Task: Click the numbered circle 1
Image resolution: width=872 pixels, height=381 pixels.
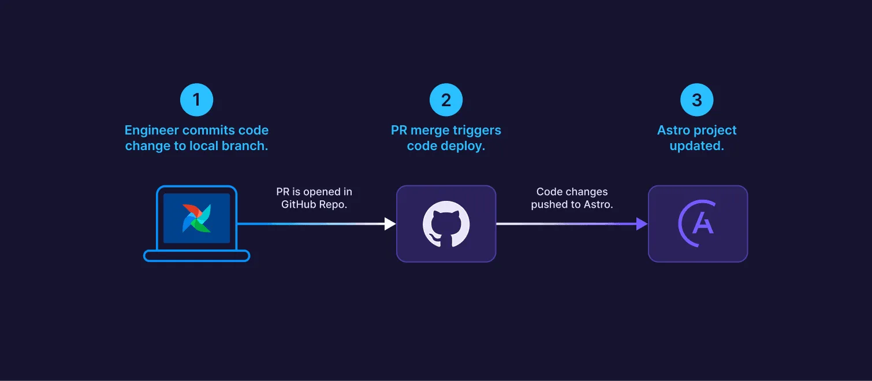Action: pos(196,100)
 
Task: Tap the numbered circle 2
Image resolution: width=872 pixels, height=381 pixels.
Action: pos(446,100)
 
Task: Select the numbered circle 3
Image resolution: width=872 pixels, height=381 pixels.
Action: pos(696,100)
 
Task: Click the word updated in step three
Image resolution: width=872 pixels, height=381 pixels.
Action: pos(696,145)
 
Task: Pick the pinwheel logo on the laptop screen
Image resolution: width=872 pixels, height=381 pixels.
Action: pos(196,218)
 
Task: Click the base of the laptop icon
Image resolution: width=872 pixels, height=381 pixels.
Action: pos(196,256)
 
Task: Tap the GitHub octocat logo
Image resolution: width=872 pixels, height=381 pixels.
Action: pos(446,224)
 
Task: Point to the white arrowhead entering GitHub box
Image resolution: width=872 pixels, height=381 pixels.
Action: pos(390,224)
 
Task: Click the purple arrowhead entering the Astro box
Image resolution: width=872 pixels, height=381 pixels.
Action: pos(642,224)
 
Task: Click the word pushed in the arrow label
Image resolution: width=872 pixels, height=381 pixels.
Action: pos(549,204)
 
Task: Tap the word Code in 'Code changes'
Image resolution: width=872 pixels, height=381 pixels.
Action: pos(549,192)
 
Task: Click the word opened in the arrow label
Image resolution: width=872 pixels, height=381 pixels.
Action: pos(317,192)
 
